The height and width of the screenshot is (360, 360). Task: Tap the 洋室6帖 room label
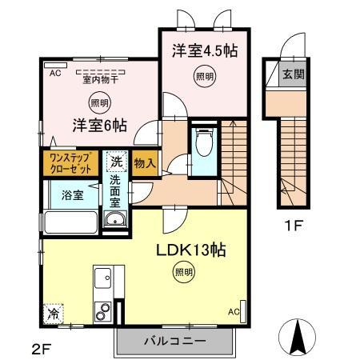pyautogui.click(x=100, y=125)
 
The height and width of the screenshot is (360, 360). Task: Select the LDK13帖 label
pyautogui.click(x=190, y=250)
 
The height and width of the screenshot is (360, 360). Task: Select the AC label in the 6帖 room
pyautogui.click(x=55, y=73)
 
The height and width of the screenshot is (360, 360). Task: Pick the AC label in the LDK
pyautogui.click(x=234, y=311)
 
